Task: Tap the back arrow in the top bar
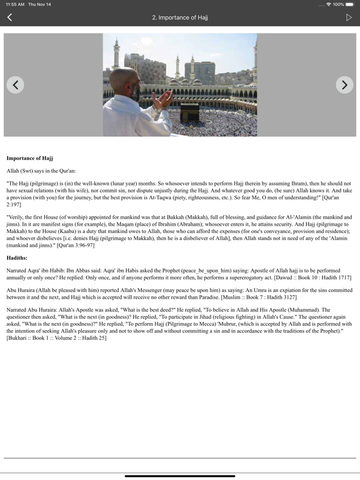(x=9, y=17)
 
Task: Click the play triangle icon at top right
(x=349, y=17)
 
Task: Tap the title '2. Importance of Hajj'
(x=180, y=17)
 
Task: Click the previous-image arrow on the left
(x=16, y=84)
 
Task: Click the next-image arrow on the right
(x=344, y=84)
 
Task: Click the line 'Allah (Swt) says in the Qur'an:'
(x=41, y=170)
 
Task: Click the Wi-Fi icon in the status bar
(x=329, y=4)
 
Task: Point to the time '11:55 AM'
(x=14, y=4)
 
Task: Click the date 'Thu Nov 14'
(x=40, y=4)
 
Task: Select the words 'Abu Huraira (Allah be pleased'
(x=46, y=290)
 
